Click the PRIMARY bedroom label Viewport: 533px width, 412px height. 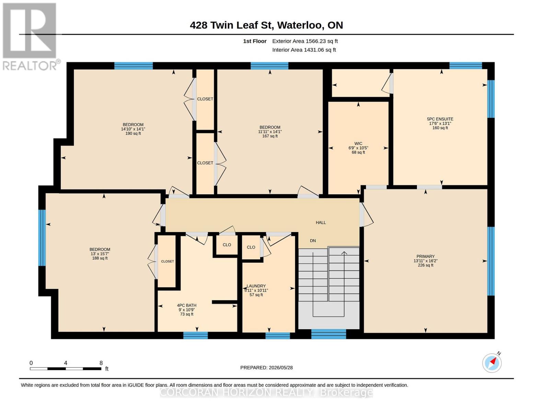[425, 256]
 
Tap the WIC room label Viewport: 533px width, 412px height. [358, 144]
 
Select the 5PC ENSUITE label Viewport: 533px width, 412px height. [440, 119]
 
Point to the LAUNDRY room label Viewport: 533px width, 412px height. [256, 286]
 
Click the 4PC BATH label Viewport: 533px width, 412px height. [187, 305]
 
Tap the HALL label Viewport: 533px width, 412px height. [321, 222]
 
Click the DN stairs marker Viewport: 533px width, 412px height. [313, 241]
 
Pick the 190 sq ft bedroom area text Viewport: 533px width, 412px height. [133, 134]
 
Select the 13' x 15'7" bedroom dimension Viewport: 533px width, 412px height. [100, 254]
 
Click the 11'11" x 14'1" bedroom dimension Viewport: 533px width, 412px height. [270, 131]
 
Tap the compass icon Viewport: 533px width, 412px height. [492, 363]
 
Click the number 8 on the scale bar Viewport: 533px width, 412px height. [101, 363]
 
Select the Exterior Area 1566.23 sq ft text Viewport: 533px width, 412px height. [305, 41]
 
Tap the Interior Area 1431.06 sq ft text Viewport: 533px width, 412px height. [304, 50]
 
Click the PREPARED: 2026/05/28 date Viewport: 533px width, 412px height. [266, 368]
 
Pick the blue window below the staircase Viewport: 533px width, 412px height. [328, 334]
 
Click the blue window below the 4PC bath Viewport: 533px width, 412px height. [196, 335]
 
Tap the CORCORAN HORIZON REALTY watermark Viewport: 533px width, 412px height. [266, 392]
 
